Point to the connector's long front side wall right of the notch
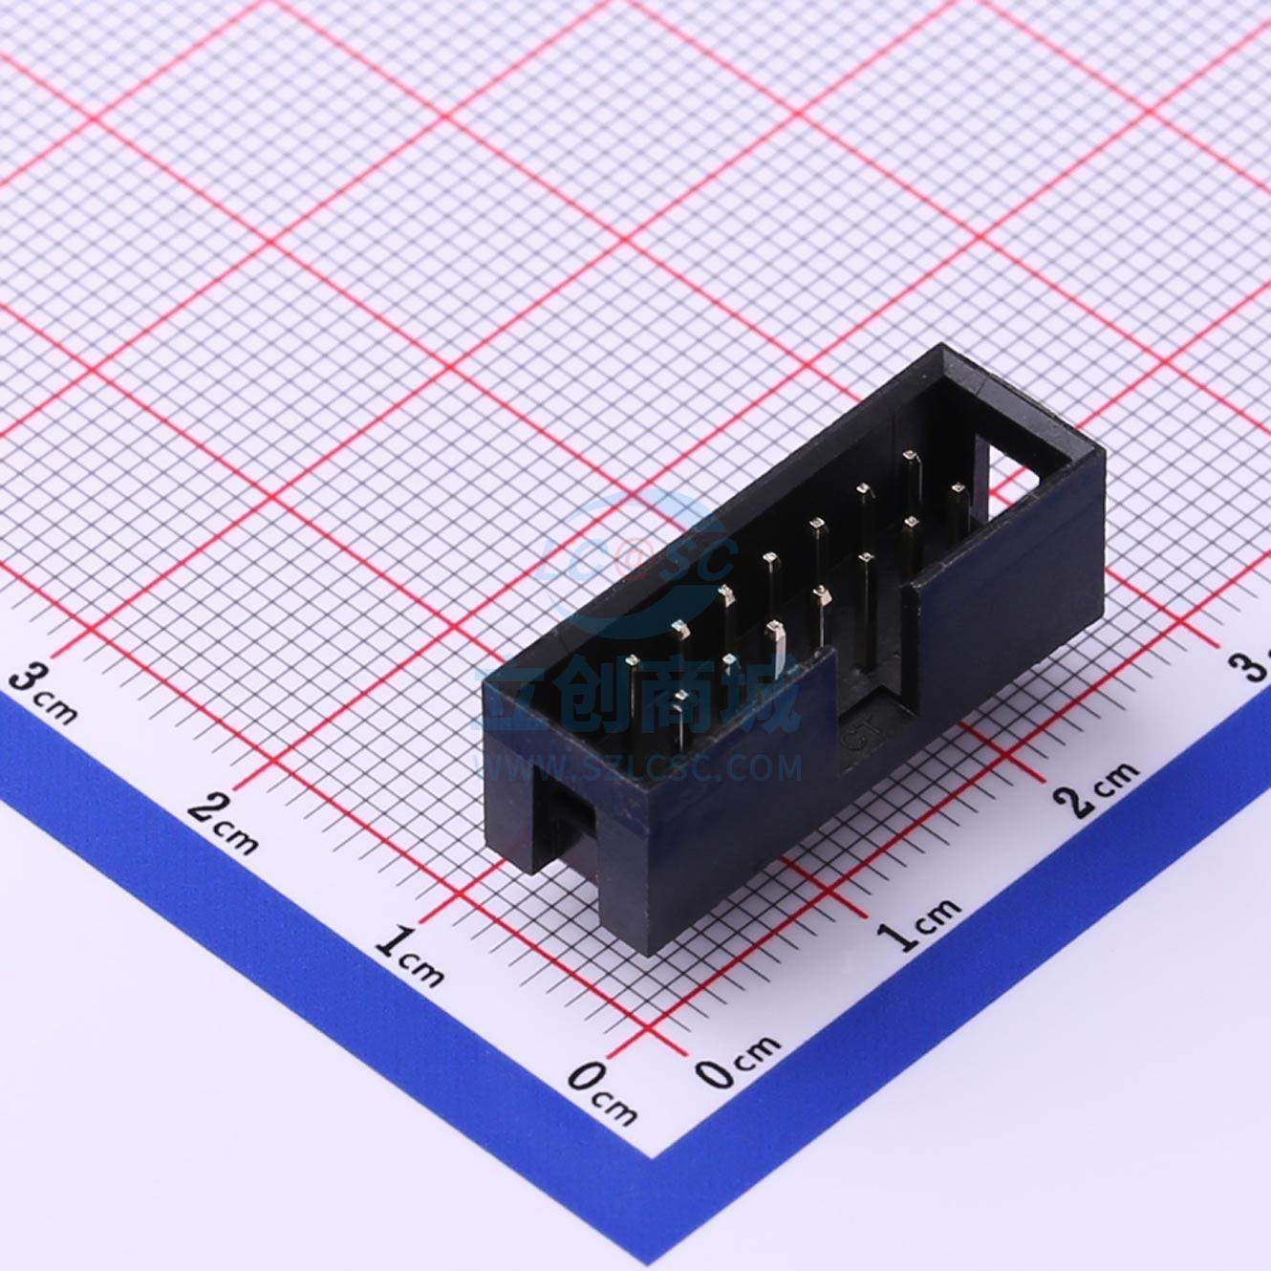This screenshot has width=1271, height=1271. (1003, 612)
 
